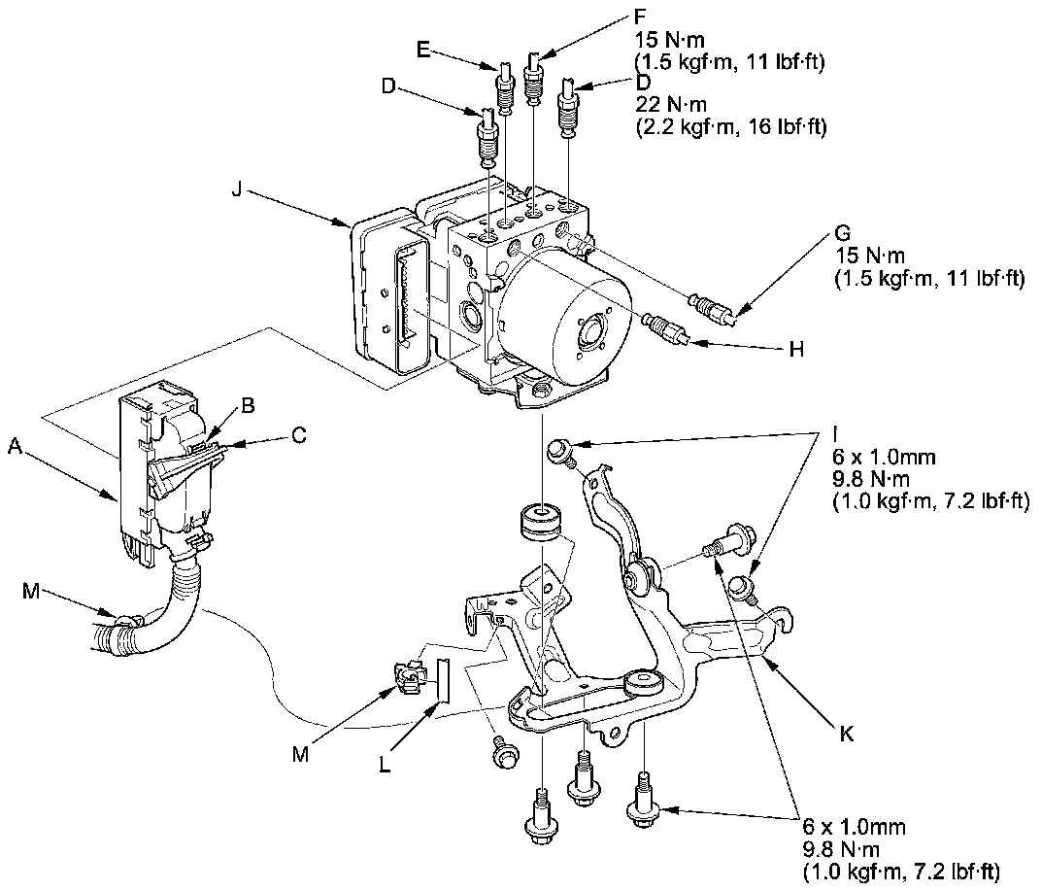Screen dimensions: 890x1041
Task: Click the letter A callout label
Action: (x=14, y=446)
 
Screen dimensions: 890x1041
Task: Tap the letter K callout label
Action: (x=846, y=734)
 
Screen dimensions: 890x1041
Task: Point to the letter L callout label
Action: (x=386, y=765)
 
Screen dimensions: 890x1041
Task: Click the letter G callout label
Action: (x=842, y=234)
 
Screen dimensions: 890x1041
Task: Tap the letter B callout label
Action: (x=249, y=405)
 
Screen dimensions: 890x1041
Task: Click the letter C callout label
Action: (x=299, y=436)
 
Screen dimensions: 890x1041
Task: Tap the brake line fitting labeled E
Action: (x=504, y=87)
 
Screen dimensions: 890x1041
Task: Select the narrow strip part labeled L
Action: (x=443, y=678)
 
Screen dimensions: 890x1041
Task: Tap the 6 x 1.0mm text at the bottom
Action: (x=854, y=827)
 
